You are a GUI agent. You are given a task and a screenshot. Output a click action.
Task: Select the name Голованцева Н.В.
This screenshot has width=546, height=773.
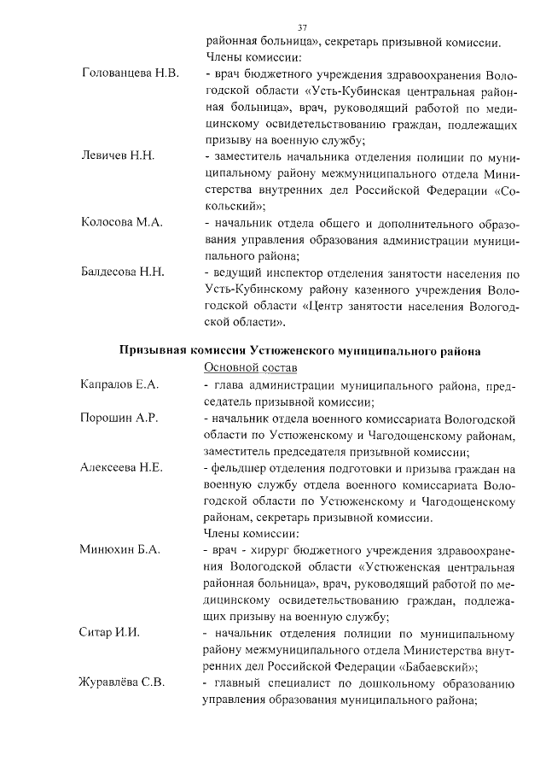[130, 75]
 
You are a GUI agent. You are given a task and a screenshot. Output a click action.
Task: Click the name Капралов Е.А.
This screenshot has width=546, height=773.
[119, 386]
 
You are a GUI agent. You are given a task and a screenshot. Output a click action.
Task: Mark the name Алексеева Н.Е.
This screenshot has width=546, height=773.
[121, 469]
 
